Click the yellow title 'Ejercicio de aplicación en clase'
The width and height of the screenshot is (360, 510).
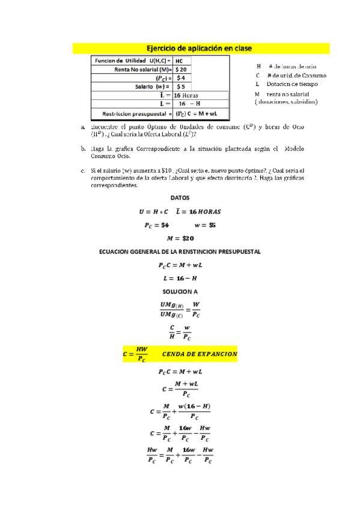point(199,48)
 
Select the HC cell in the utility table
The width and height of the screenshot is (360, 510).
point(180,61)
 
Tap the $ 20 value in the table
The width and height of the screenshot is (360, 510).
point(182,69)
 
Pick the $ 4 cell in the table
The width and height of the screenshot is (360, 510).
point(181,78)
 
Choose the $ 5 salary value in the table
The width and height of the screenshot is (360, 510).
point(181,86)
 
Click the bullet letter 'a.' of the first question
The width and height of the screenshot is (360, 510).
point(83,127)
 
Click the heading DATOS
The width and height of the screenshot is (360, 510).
point(180,197)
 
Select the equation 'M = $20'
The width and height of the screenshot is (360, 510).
point(180,238)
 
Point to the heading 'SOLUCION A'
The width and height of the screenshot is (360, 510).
point(180,291)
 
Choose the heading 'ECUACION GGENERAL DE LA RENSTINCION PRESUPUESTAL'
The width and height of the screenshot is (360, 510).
point(180,251)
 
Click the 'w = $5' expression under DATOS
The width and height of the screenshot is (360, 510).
point(205,225)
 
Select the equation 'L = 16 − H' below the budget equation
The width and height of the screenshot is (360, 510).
point(180,278)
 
